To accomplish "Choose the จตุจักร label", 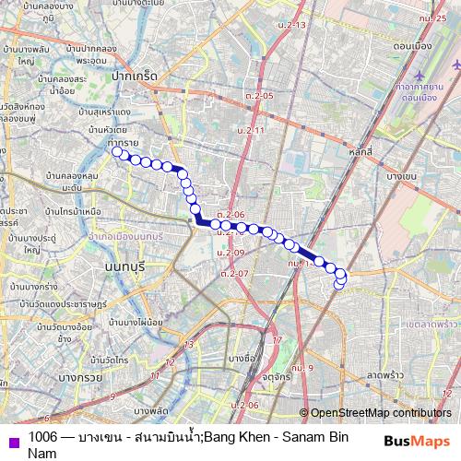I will click(x=270, y=375).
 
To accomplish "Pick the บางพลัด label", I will click(x=152, y=408).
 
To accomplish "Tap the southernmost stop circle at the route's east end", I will click(x=338, y=283).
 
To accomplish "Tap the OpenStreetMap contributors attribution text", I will click(x=381, y=414).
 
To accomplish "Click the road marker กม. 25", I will click(x=431, y=18).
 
